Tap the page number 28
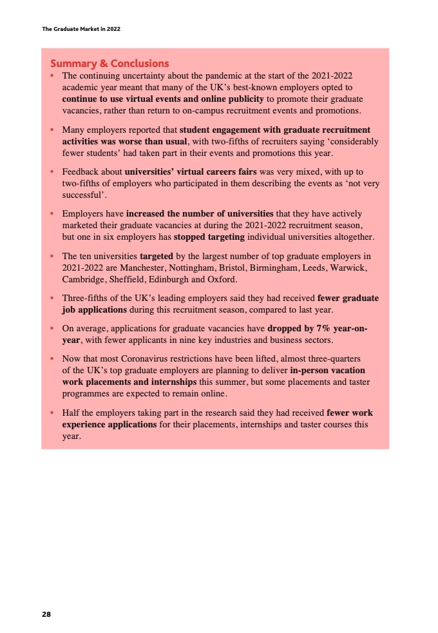46,614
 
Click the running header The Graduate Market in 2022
81,30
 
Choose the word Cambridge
84,280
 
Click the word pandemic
202,76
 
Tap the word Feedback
81,172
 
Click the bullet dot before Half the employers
52,413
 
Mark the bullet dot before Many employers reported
52,130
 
